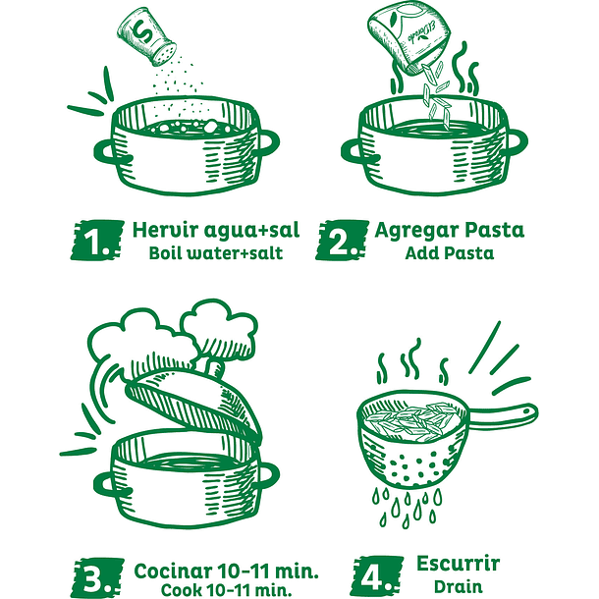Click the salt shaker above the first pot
coord(147,36)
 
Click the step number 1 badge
coord(97,240)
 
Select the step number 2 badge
coord(342,240)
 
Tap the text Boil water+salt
coord(216,253)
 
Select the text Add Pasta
coord(450,253)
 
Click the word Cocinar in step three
coord(173,572)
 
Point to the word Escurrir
coord(458,564)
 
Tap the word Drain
coord(458,586)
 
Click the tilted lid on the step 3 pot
coord(192,405)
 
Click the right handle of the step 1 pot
coord(269,143)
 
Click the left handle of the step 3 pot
coord(107,484)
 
